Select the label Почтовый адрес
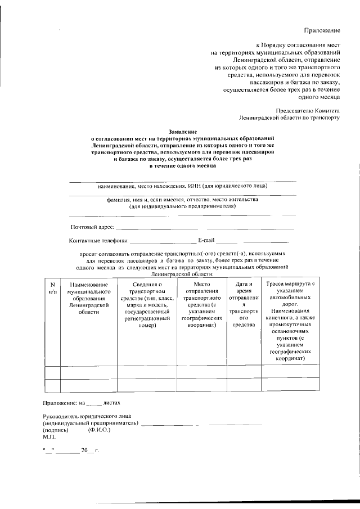click(x=92, y=227)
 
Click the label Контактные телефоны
click(x=98, y=241)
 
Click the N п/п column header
click(x=52, y=289)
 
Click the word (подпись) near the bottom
click(x=56, y=430)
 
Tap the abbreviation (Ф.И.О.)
click(x=99, y=430)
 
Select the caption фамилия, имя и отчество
click(x=182, y=200)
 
